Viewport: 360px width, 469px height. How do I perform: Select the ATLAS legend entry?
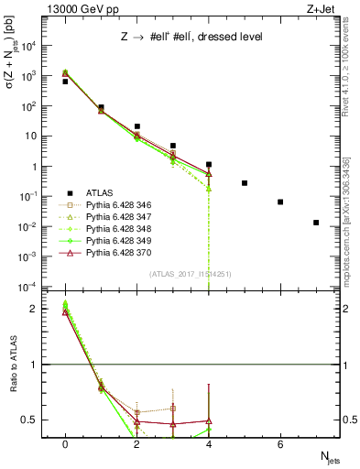coord(100,192)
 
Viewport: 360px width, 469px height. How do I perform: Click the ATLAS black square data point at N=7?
coord(316,223)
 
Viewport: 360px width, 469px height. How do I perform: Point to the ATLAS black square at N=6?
coord(280,202)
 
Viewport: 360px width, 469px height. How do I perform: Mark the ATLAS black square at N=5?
coord(245,183)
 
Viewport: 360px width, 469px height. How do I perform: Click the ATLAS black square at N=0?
coord(65,82)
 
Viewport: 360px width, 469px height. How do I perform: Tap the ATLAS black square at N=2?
coord(136,126)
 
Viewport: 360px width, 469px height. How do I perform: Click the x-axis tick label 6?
coord(280,444)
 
